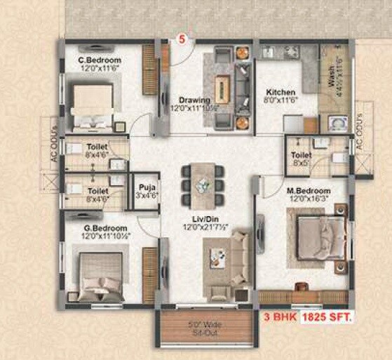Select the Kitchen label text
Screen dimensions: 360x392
(281, 92)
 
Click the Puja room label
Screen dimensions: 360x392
(146, 187)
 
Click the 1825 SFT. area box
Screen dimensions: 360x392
(327, 318)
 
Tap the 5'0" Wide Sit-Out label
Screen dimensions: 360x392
(205, 328)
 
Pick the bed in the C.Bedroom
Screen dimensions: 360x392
(94, 102)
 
